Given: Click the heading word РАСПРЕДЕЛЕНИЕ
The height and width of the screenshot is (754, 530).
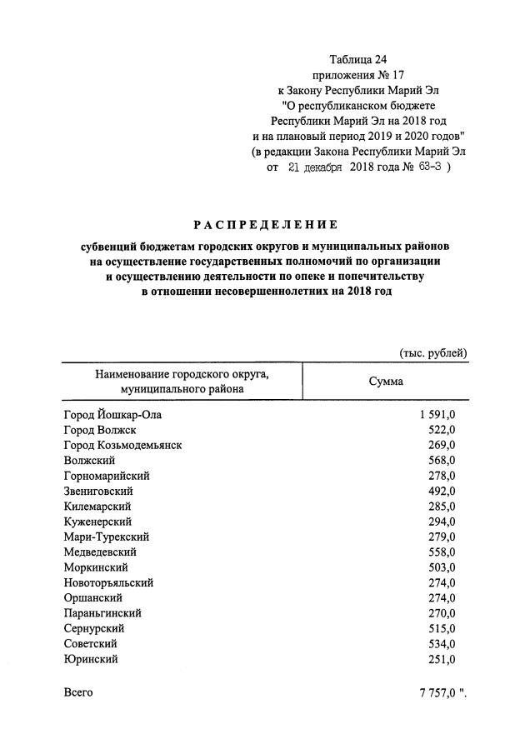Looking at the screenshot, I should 265,224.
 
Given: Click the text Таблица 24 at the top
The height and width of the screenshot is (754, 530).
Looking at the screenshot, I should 358,60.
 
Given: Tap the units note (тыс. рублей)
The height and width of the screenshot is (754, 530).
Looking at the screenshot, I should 432,353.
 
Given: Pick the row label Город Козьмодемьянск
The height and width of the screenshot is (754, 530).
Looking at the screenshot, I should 122,445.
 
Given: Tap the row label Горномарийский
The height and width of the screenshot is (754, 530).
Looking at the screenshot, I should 106,475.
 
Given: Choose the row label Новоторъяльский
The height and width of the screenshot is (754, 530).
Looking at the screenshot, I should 108,582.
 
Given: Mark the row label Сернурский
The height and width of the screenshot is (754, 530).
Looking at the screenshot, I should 96,628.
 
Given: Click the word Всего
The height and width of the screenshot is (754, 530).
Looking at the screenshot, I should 78,692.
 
